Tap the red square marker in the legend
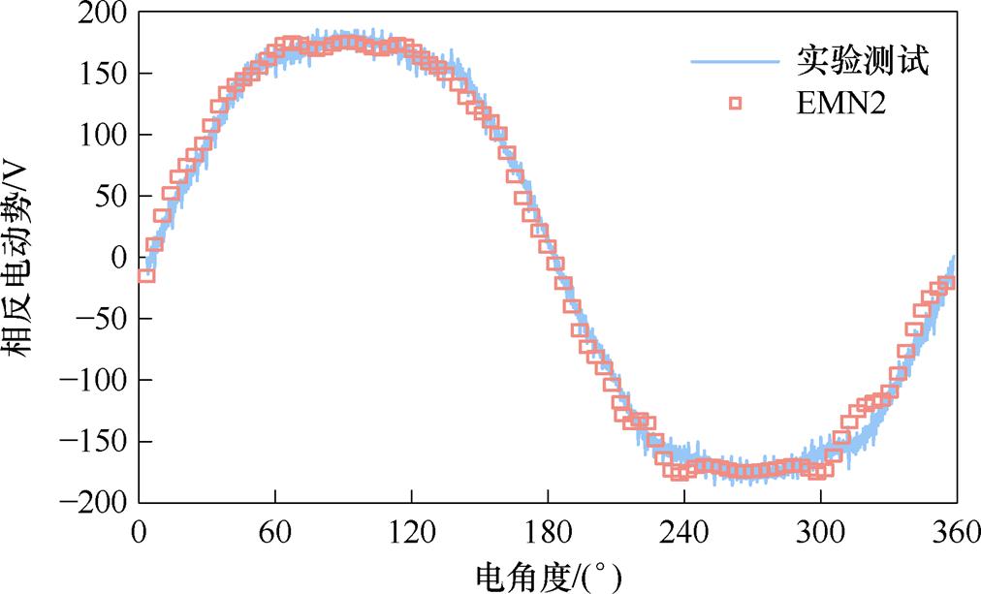tap(736, 104)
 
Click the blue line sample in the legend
tap(736, 63)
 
